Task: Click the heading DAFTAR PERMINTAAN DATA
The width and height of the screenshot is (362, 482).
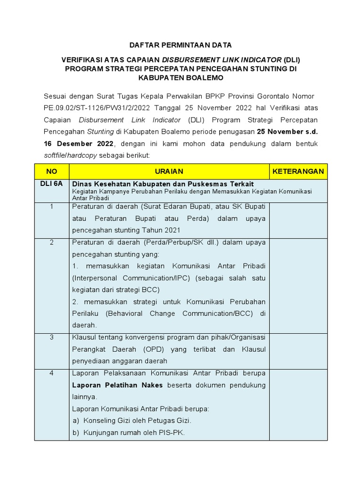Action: coord(181,45)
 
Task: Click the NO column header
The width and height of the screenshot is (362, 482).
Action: coord(52,171)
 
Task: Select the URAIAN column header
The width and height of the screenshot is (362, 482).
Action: coord(169,171)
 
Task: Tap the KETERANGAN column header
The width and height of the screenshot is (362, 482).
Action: coord(298,171)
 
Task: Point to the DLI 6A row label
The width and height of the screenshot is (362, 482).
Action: coord(52,184)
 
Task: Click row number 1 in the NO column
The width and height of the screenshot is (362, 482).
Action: coord(52,207)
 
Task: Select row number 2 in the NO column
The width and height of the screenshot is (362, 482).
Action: coord(52,242)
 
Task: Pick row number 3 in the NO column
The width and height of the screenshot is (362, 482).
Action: coord(52,337)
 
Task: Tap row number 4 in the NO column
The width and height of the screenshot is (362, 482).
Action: coord(52,373)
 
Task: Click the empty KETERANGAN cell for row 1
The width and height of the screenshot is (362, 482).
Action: coord(298,220)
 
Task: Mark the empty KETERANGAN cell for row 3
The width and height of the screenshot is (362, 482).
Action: coord(298,349)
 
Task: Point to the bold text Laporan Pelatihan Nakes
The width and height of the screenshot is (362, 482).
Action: coord(117,385)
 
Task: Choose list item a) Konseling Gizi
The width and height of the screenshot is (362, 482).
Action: coord(132,420)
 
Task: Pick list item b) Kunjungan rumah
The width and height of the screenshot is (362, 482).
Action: coord(129,432)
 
